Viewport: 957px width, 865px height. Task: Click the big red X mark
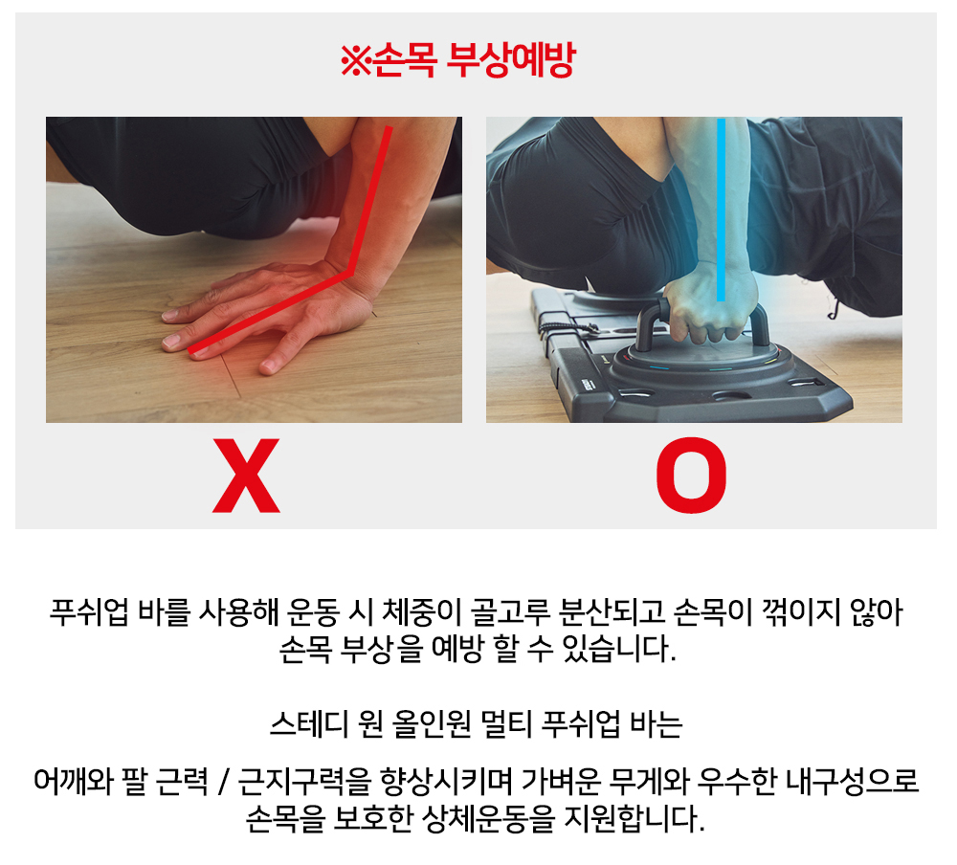click(x=246, y=475)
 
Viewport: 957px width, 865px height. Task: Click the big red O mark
click(x=691, y=475)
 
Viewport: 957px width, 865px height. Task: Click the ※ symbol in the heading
click(x=355, y=60)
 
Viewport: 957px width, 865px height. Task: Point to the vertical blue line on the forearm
click(x=721, y=210)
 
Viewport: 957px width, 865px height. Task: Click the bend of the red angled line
click(x=351, y=273)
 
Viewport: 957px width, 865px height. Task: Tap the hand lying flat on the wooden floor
click(x=269, y=315)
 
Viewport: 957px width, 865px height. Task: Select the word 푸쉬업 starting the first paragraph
click(x=89, y=611)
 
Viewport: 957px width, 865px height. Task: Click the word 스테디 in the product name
click(x=309, y=724)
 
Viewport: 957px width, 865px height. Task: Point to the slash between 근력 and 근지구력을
click(x=223, y=781)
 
